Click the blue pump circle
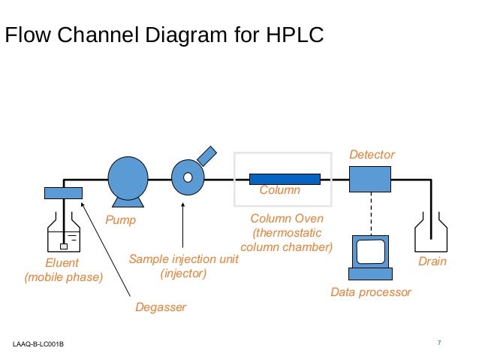[x=128, y=179]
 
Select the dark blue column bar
[x=285, y=179]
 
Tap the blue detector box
[x=369, y=179]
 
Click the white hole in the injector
[x=188, y=179]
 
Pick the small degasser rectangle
[x=63, y=193]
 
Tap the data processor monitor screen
[x=372, y=251]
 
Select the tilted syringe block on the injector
[x=206, y=156]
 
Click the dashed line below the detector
[x=370, y=214]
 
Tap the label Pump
[x=120, y=221]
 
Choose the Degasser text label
[x=161, y=307]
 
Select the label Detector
[x=372, y=154]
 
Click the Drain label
[x=432, y=262]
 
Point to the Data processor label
[x=371, y=292]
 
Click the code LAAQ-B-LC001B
[x=38, y=344]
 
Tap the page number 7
[x=438, y=343]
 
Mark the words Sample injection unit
[x=183, y=259]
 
